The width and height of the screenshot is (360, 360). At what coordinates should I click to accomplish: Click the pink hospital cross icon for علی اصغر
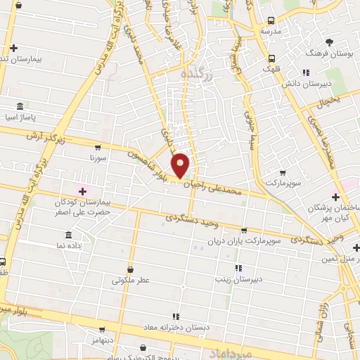[82, 191]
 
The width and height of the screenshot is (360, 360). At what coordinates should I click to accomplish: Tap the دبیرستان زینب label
[238, 279]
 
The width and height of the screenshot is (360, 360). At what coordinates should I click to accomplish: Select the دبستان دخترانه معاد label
[174, 328]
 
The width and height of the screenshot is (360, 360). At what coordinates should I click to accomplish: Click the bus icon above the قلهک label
[271, 58]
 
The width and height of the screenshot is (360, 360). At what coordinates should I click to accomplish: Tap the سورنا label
[97, 158]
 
